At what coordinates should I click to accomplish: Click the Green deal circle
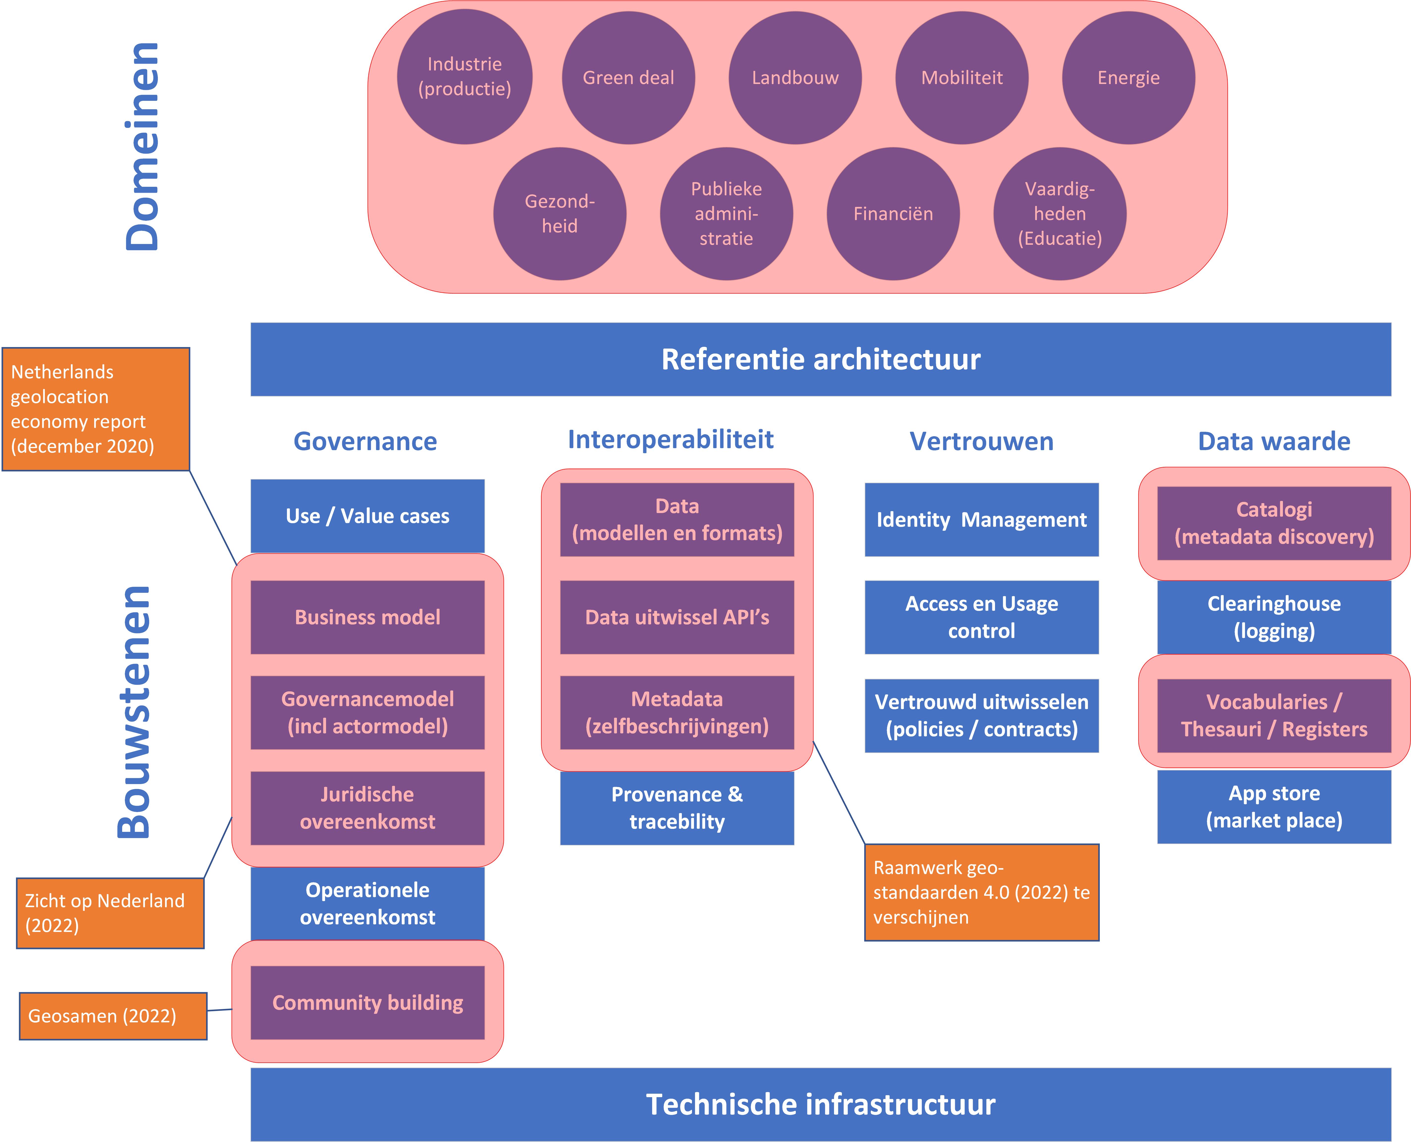[x=628, y=78]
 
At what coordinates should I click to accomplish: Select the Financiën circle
[x=893, y=214]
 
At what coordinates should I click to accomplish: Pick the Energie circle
[x=1128, y=78]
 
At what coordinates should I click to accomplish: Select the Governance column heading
[x=365, y=441]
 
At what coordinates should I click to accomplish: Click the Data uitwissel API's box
[x=677, y=617]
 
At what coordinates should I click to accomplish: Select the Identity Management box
[x=981, y=520]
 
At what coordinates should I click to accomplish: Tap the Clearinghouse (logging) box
[x=1274, y=617]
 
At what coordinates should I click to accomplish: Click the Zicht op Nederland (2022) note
[x=110, y=913]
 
